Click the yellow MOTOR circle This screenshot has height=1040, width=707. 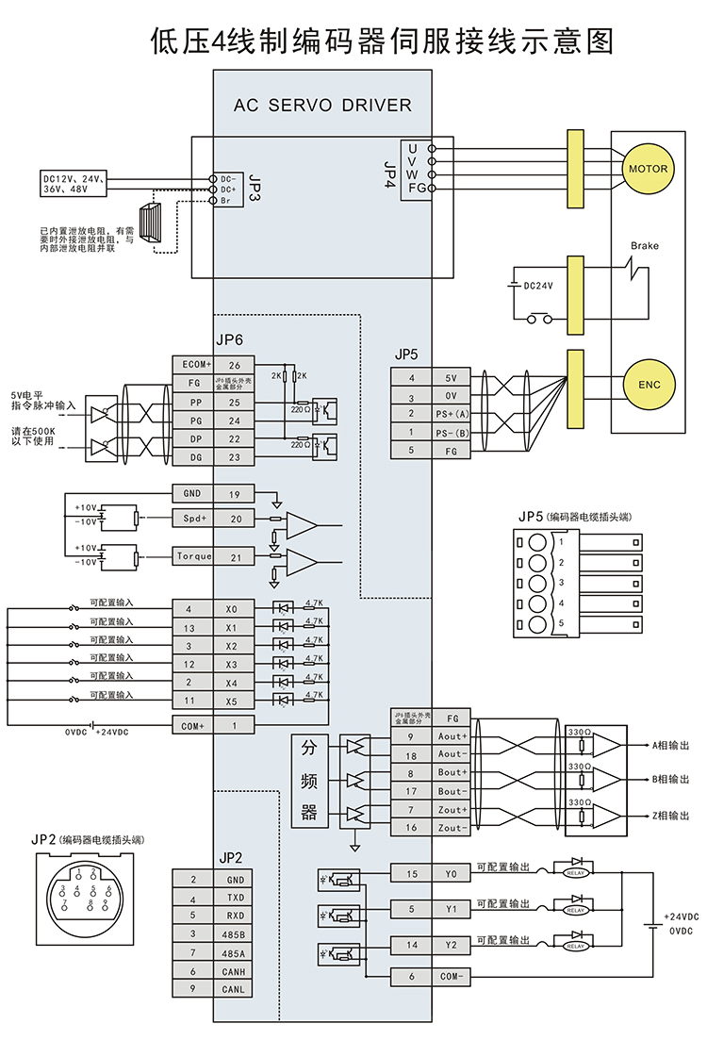point(647,170)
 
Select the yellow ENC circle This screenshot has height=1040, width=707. point(649,385)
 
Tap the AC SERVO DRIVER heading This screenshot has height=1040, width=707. point(322,106)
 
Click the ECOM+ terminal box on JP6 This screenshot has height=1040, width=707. point(192,364)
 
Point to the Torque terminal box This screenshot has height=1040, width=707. point(194,557)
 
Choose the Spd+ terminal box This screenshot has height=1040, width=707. point(194,519)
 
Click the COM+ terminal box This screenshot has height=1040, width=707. point(192,724)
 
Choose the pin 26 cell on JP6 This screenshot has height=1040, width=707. point(234,364)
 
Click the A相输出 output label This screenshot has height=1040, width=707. point(670,745)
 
